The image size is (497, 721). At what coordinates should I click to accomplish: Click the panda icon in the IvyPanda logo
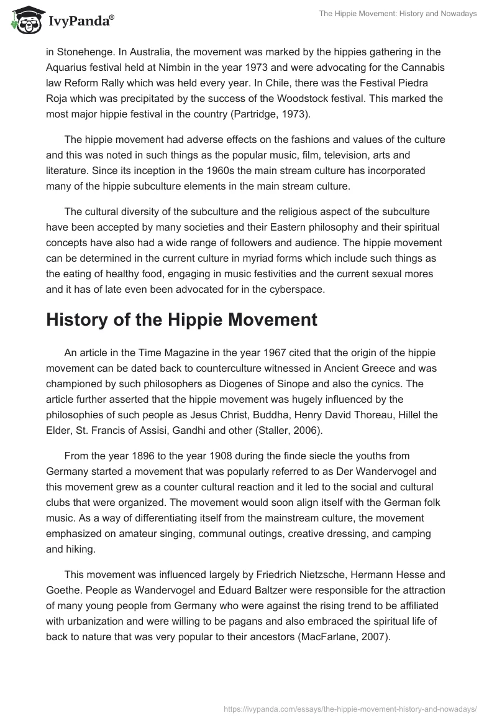pyautogui.click(x=24, y=20)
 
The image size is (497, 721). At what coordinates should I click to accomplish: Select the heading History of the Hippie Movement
pyautogui.click(x=181, y=320)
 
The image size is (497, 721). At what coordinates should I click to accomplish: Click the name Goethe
pyautogui.click(x=64, y=592)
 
